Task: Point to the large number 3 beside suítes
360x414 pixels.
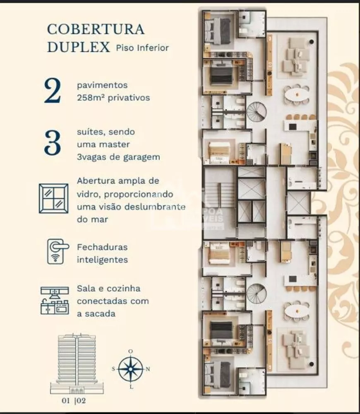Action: pos(52,144)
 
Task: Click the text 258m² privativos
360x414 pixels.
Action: pos(113,98)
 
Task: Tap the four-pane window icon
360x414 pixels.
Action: pos(53,198)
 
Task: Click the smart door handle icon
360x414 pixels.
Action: pos(57,251)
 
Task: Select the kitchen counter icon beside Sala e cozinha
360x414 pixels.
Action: pos(55,300)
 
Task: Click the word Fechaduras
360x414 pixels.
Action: pos(102,247)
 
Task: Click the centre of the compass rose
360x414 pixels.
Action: pos(130,369)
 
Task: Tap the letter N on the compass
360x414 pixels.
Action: pos(148,369)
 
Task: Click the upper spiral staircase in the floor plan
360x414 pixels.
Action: pos(257,111)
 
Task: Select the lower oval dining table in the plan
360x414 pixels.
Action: pos(297,311)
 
